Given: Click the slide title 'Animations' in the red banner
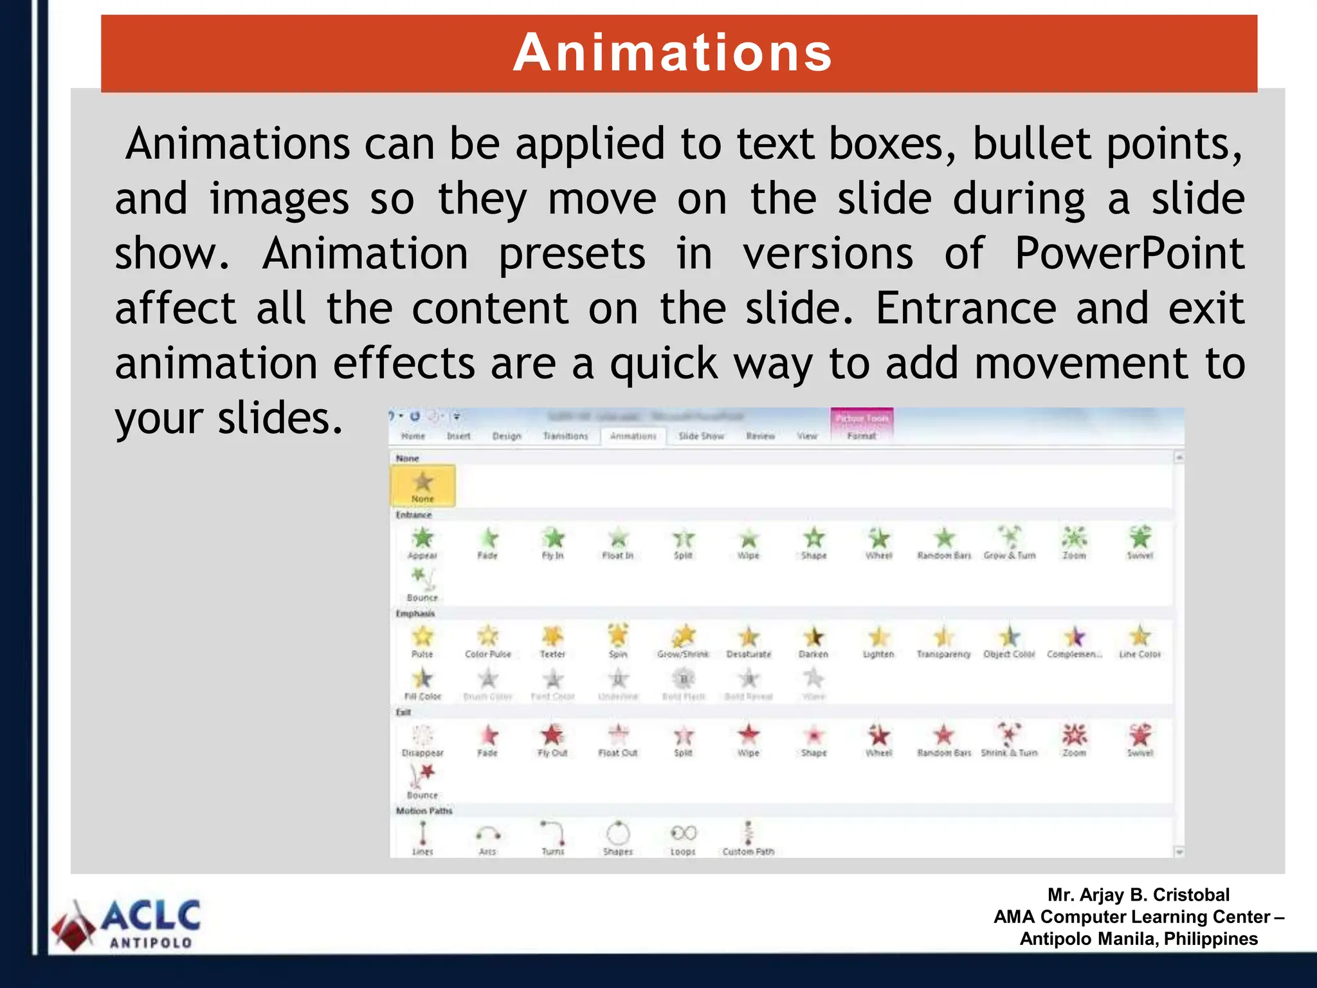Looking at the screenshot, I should pyautogui.click(x=673, y=53).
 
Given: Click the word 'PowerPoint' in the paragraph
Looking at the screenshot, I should pyautogui.click(x=1129, y=253).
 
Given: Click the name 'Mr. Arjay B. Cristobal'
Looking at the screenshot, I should pyautogui.click(x=1138, y=895).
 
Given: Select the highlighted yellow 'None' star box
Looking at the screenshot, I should pyautogui.click(x=422, y=486).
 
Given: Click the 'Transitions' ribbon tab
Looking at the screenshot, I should pyautogui.click(x=565, y=436).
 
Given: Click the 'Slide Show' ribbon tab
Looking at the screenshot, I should pyautogui.click(x=701, y=436).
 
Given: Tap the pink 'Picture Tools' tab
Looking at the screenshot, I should pyautogui.click(x=862, y=419).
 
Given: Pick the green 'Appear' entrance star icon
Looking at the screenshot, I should pyautogui.click(x=422, y=538).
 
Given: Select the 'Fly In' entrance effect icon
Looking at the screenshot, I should pyautogui.click(x=553, y=538).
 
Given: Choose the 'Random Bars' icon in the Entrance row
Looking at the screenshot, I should pyautogui.click(x=943, y=538).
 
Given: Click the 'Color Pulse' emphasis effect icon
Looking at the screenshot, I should pyautogui.click(x=487, y=636).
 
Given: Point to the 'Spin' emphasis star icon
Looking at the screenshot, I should pyautogui.click(x=618, y=636).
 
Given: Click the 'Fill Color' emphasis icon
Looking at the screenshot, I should pyautogui.click(x=422, y=679).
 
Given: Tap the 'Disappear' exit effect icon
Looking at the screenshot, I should pyautogui.click(x=422, y=735).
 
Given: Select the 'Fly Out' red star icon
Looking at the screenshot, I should pyautogui.click(x=552, y=735).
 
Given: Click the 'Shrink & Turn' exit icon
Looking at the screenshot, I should pyautogui.click(x=1009, y=734).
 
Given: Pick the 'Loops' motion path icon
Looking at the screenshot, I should pyautogui.click(x=683, y=834).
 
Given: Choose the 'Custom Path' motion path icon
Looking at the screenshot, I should pyautogui.click(x=748, y=833).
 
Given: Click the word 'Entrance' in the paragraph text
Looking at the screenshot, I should pyautogui.click(x=965, y=308).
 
